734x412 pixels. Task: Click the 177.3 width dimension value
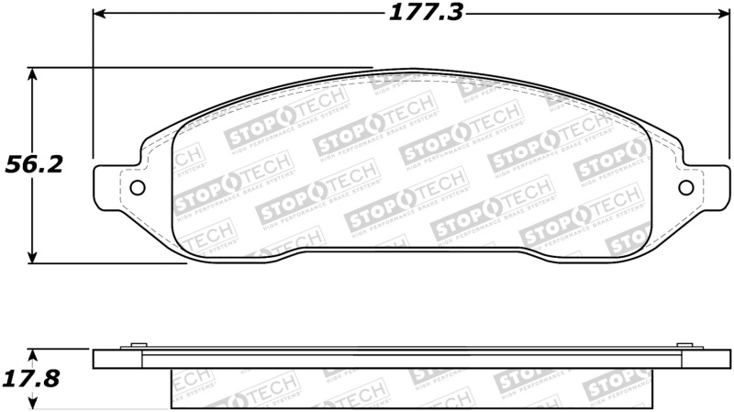415,13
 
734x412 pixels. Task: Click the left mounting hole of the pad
138,187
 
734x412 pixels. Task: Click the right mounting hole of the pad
685,187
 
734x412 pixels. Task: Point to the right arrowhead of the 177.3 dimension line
722,14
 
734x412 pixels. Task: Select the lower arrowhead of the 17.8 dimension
34,402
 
